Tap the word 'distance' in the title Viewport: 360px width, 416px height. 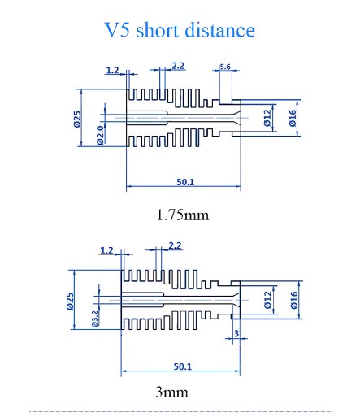219,29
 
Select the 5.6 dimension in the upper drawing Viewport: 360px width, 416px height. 225,67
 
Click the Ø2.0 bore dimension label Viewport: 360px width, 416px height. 100,135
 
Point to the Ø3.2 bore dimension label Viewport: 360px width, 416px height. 95,318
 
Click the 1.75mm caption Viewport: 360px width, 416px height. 183,215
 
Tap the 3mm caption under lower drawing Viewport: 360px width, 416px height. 171,392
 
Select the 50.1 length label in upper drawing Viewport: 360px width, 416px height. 185,182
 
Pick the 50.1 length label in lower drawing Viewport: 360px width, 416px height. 183,366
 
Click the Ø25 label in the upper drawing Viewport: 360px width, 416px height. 77,119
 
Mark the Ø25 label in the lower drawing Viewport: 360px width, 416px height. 70,301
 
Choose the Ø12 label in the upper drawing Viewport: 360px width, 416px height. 267,118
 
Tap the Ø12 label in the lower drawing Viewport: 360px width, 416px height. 267,300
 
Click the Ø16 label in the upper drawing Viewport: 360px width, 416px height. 293,118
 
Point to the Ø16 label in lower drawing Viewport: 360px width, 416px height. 294,300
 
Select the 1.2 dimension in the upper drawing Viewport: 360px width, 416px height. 112,71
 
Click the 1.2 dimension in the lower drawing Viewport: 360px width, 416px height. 107,250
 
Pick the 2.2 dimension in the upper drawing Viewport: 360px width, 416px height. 178,66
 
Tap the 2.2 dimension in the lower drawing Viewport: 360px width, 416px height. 175,245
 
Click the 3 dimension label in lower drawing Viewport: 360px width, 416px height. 236,333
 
